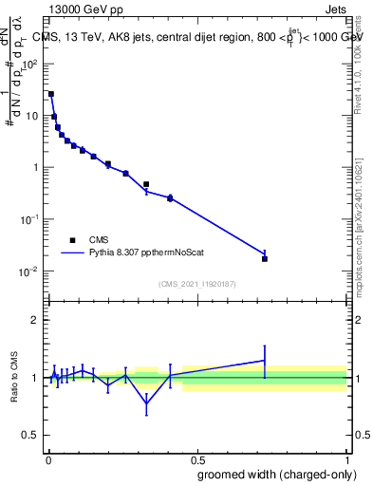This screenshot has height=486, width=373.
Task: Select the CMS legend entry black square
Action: click(x=72, y=240)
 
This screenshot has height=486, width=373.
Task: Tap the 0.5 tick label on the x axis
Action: click(x=196, y=458)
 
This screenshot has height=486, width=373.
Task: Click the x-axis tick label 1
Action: click(x=346, y=458)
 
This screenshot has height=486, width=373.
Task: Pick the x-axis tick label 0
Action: click(x=47, y=458)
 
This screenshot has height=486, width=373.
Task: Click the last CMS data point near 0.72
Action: click(x=265, y=258)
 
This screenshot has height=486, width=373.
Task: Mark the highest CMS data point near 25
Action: click(x=51, y=94)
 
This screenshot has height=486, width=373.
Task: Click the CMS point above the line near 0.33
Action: click(x=146, y=184)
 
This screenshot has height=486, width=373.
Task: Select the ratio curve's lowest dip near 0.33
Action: click(x=146, y=403)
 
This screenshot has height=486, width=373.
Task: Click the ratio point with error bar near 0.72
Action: click(x=265, y=360)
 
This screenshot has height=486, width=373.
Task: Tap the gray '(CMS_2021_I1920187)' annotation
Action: click(x=196, y=284)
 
